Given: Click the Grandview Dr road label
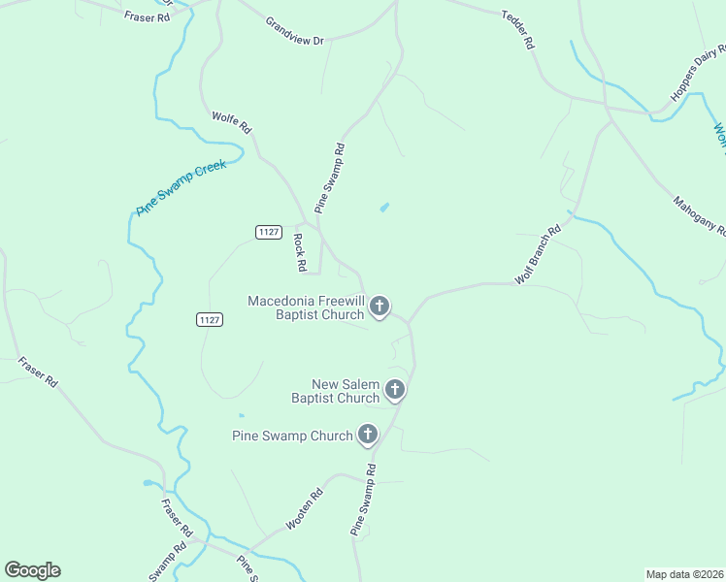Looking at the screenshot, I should coord(294,29).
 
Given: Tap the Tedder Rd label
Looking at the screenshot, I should coord(517,30).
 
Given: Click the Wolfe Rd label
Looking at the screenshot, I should coord(232,122).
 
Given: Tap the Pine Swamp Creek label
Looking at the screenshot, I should coord(181,187).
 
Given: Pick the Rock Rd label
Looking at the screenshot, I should coord(300,252).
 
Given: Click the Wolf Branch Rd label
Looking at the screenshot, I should coord(539,255).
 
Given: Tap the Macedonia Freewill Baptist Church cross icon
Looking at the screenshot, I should coord(379,307).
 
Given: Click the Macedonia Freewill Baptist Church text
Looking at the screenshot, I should coord(306,307).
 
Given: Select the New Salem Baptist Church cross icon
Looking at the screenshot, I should coord(394,390).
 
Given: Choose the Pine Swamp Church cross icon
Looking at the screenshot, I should coord(368,435).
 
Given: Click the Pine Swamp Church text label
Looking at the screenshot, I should coord(292,436).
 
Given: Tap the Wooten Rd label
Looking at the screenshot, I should coord(304,509).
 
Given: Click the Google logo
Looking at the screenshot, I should coord(32,570).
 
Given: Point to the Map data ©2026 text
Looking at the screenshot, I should coord(684,573).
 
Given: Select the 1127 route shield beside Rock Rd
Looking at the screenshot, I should coord(269,231).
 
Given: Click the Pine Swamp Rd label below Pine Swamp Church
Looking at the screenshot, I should coord(362,500).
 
